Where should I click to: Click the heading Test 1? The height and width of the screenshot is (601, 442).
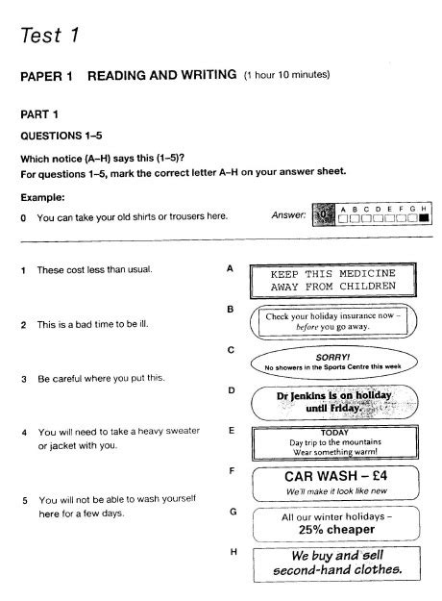click(50, 35)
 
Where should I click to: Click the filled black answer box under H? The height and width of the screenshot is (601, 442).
click(424, 218)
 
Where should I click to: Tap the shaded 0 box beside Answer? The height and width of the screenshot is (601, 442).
click(324, 214)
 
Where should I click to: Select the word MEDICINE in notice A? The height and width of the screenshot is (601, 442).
click(367, 273)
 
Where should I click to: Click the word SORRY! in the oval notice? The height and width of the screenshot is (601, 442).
click(332, 357)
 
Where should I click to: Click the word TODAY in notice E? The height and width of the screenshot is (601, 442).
click(334, 433)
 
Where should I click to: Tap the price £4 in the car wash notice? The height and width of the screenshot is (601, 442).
click(380, 476)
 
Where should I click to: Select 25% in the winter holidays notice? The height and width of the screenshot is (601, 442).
click(311, 530)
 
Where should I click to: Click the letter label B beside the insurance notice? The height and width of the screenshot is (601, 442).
click(231, 310)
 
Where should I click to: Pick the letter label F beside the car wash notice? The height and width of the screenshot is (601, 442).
click(232, 471)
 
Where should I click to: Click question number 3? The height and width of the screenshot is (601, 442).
click(24, 379)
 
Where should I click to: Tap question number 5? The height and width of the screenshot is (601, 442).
click(25, 501)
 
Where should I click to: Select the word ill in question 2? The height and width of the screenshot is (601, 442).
click(143, 324)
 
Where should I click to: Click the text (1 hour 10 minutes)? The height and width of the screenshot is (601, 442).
click(287, 74)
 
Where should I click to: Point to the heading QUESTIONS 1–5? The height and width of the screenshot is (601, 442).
click(61, 136)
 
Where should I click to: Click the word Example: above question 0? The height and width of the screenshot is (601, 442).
click(42, 198)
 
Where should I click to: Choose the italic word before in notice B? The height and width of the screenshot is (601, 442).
click(307, 327)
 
